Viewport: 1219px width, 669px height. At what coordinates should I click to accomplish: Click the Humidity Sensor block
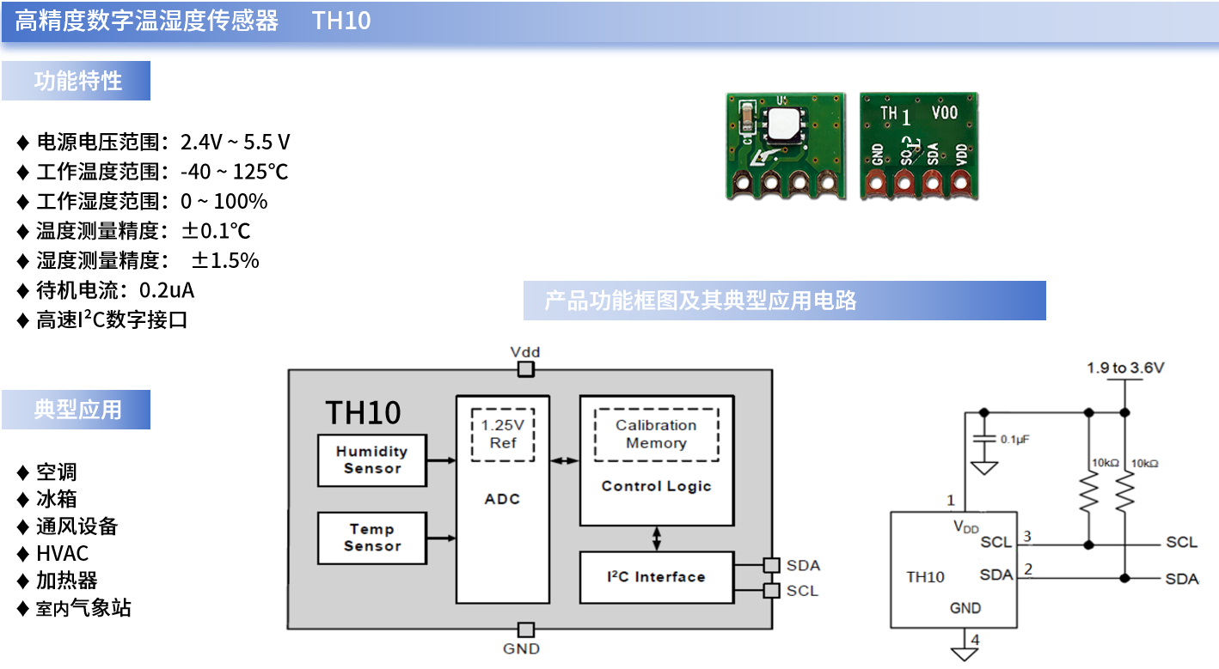tap(371, 460)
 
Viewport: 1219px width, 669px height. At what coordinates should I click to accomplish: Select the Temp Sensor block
tap(371, 538)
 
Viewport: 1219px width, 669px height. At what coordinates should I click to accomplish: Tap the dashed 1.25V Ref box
tap(503, 435)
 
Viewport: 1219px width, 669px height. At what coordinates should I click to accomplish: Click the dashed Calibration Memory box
tap(656, 435)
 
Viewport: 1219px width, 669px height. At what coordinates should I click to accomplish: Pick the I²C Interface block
tap(657, 577)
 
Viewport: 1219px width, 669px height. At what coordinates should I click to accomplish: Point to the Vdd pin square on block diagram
tap(525, 369)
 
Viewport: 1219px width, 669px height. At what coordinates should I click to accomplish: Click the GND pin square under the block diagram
tap(526, 630)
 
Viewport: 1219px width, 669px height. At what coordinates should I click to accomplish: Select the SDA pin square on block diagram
tap(771, 565)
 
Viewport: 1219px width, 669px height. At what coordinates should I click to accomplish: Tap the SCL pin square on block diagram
tap(771, 591)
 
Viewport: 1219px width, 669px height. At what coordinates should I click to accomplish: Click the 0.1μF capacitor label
tap(1014, 439)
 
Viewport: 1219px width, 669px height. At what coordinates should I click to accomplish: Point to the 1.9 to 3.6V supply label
tap(1125, 368)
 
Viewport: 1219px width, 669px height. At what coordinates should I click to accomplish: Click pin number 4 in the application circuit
tap(974, 640)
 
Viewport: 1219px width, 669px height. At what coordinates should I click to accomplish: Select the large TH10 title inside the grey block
tap(363, 413)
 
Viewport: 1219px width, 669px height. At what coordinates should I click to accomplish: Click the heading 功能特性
tap(77, 82)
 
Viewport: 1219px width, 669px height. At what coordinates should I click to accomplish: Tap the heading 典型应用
tap(77, 410)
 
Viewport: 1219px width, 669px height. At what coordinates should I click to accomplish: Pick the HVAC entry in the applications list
tap(62, 554)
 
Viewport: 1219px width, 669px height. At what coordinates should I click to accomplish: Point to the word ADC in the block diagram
tap(502, 499)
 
